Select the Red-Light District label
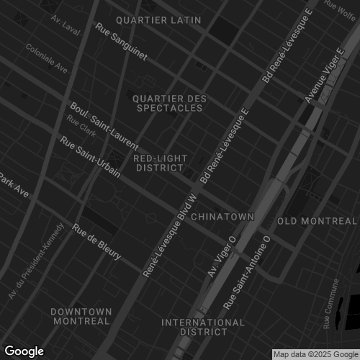[x=161, y=163]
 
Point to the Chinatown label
[x=223, y=216]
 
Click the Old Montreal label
[x=317, y=220]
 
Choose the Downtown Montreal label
[x=81, y=315]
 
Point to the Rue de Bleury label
[x=96, y=243]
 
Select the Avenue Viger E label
[x=323, y=76]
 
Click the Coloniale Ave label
[x=47, y=59]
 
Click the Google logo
[x=24, y=351]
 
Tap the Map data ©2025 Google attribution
[x=315, y=354]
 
